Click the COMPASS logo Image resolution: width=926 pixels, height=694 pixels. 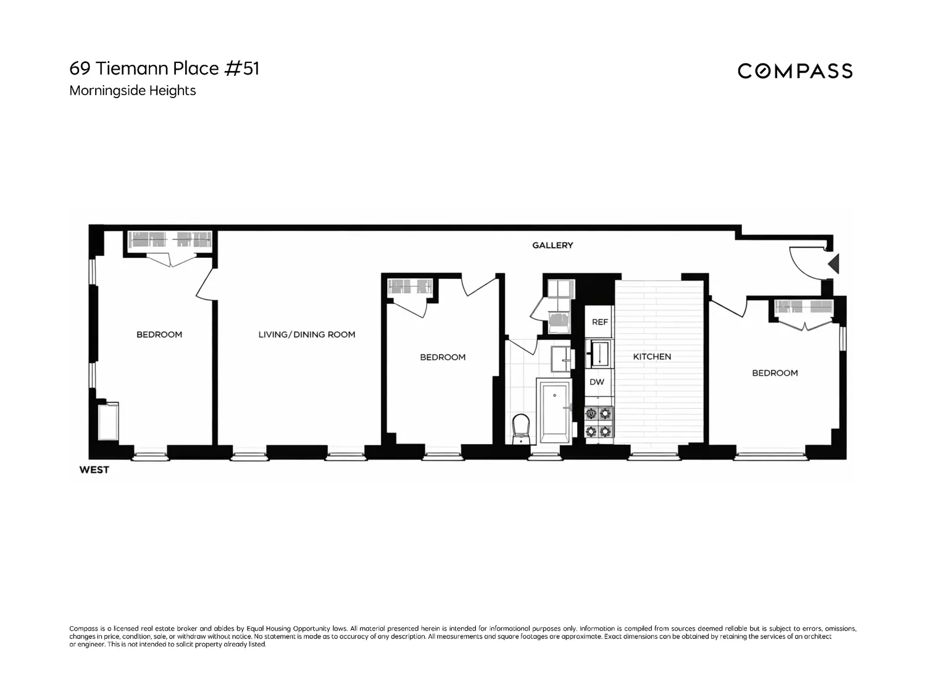[795, 71]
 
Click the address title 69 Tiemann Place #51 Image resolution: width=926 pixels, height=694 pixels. [164, 68]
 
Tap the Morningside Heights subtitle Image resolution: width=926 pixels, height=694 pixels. [133, 91]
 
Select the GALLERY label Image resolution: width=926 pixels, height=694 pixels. [553, 246]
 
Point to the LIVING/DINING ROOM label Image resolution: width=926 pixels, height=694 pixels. [307, 334]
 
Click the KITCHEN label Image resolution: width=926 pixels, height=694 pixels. [652, 357]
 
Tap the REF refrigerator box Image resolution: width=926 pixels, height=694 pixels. [599, 321]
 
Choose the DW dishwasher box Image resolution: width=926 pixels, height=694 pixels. [597, 382]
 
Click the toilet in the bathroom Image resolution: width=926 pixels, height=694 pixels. [521, 429]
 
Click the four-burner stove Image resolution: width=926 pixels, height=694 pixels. [599, 422]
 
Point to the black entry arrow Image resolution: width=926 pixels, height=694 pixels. [833, 264]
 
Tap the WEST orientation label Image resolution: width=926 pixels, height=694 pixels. [94, 470]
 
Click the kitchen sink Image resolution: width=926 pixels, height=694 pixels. [599, 353]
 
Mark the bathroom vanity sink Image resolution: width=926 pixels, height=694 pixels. [561, 358]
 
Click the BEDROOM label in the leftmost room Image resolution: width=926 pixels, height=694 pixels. [159, 334]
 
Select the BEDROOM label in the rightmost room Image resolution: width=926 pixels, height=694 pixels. [775, 373]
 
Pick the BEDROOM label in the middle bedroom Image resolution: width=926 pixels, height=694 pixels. [443, 357]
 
